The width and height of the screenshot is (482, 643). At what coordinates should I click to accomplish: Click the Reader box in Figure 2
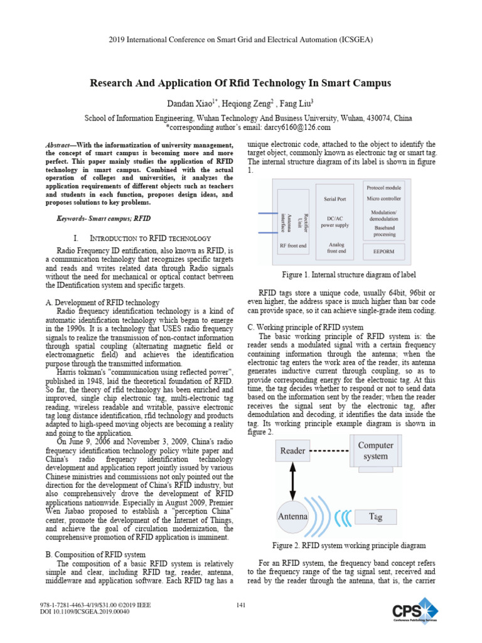293,451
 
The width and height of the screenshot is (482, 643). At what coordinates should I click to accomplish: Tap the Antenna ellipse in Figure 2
293,516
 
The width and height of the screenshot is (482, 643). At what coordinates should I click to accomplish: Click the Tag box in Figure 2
376,516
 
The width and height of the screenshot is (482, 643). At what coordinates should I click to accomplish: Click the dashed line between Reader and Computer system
329,451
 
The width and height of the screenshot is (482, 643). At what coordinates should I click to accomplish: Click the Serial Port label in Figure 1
335,198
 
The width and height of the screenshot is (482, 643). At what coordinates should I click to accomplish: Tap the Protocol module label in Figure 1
384,187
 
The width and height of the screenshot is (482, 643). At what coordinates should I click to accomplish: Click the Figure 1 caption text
349,275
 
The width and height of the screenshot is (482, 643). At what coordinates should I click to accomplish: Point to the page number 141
240,605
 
